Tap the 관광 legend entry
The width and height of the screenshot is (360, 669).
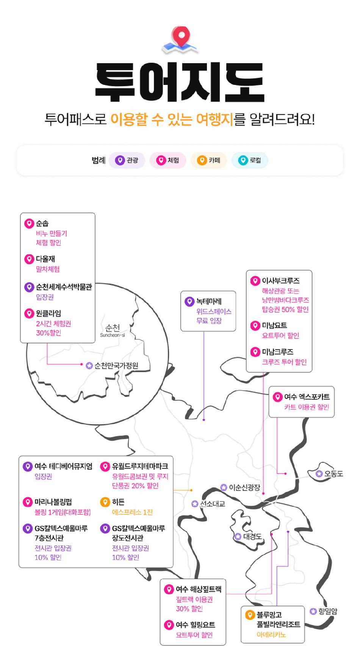coord(127,160)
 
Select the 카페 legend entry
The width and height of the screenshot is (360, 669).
coord(209,160)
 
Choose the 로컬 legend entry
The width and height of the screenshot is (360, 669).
coord(250,160)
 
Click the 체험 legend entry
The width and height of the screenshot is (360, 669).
coord(168,160)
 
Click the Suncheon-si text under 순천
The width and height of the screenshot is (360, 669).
coord(112,335)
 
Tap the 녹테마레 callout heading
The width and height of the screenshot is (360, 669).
coord(209,302)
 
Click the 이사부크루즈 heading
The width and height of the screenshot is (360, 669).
coord(281,281)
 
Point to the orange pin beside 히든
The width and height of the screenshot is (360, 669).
coord(105,502)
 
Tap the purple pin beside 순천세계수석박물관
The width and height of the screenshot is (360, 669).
coord(29,287)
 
